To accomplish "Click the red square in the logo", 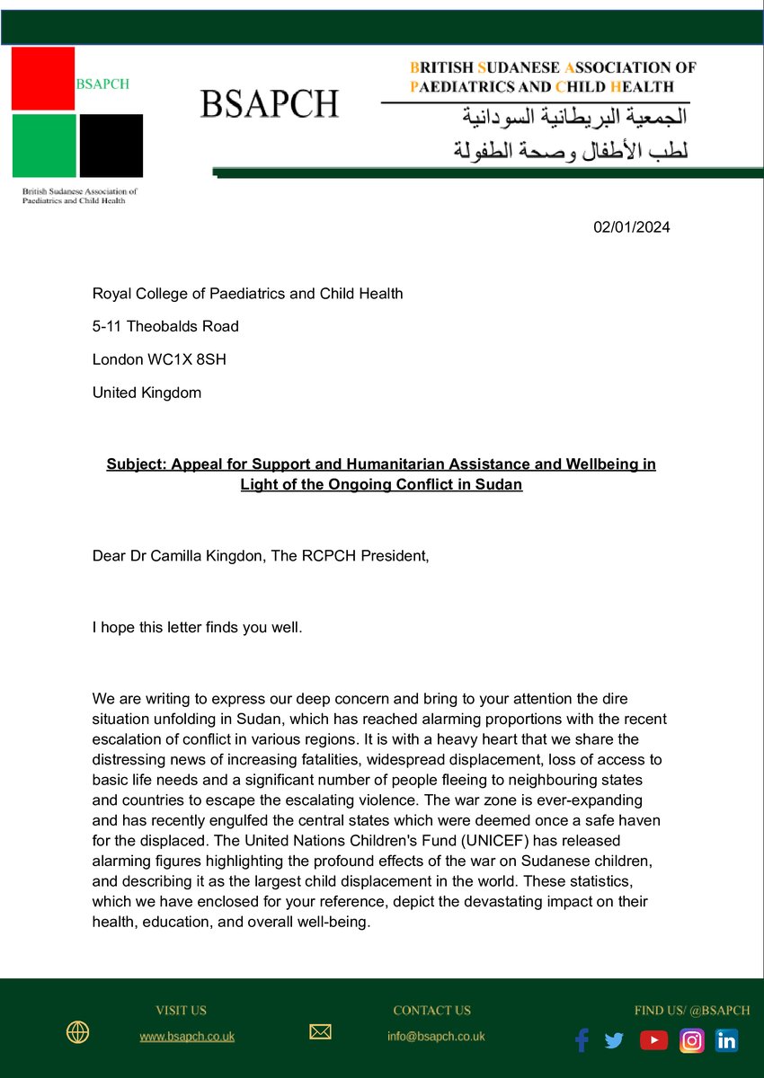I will click(x=42, y=78).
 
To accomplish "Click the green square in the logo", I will click(x=43, y=146).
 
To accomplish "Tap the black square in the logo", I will click(x=111, y=146).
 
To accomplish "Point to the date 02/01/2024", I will click(x=631, y=227).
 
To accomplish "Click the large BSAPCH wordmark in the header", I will click(x=269, y=104).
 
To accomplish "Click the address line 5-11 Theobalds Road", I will click(x=165, y=326).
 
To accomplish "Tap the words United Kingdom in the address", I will click(x=147, y=393).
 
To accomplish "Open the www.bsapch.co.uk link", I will click(x=187, y=1037).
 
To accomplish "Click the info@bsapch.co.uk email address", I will click(x=436, y=1037).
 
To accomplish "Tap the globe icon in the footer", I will click(x=77, y=1033).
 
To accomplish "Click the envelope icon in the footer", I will click(x=320, y=1033).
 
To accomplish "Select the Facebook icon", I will click(x=582, y=1040).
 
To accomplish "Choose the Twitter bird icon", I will click(x=614, y=1040).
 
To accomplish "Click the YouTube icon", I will click(x=653, y=1040).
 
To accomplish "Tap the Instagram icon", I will click(x=691, y=1040).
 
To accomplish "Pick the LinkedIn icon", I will click(x=726, y=1040).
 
